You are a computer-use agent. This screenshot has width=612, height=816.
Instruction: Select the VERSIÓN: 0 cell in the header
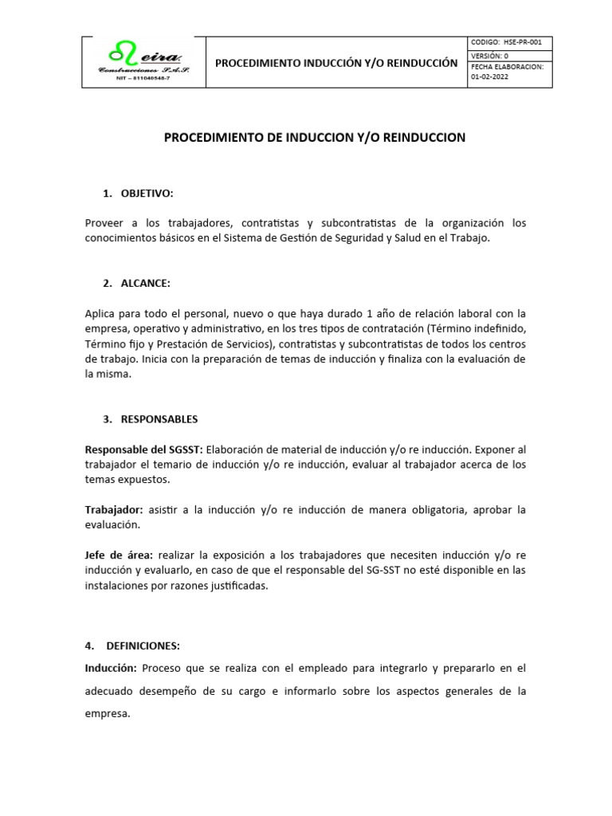[x=490, y=56]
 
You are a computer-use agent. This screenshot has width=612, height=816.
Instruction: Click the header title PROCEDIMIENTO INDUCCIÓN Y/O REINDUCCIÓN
[x=337, y=62]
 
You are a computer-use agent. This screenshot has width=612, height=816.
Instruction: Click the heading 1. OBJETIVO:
[x=138, y=194]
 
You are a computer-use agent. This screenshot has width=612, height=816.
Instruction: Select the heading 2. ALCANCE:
[x=136, y=284]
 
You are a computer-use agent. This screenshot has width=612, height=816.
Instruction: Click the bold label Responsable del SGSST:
[x=143, y=449]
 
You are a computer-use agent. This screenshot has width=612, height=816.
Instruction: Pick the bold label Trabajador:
[x=114, y=510]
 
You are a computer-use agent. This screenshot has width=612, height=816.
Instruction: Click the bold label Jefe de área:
[x=120, y=555]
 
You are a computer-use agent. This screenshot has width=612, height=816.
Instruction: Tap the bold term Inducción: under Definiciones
[x=112, y=669]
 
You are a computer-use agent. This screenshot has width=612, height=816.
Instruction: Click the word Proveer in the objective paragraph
[x=104, y=223]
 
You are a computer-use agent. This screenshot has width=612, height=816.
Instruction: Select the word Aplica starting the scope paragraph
[x=100, y=313]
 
